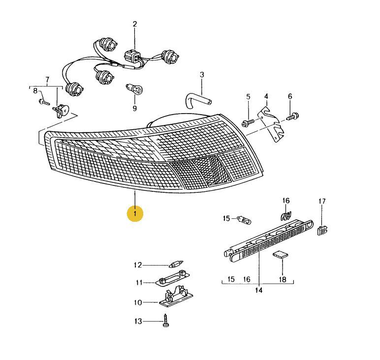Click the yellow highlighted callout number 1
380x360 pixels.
(135, 213)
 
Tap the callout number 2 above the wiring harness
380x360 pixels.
(135, 24)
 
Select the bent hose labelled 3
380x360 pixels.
(198, 101)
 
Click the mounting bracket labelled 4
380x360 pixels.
(271, 123)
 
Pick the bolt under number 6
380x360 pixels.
(293, 117)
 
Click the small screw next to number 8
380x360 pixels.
(44, 102)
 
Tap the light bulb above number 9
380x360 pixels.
(134, 90)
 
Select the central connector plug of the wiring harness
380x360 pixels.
(132, 57)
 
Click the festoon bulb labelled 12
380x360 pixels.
(176, 264)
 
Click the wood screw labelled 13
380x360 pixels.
(166, 320)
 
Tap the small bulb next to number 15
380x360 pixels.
(244, 220)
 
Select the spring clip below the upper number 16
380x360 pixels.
(286, 215)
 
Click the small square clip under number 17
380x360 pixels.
(322, 230)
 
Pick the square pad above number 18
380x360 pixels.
(281, 255)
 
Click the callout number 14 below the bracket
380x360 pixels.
(259, 290)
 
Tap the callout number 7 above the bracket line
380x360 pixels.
(47, 79)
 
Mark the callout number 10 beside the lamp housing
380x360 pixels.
(138, 302)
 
